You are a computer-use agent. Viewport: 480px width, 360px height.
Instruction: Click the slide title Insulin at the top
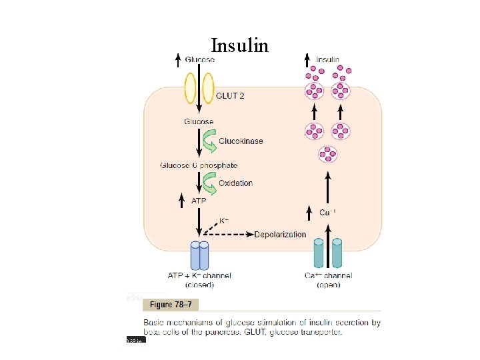(240, 45)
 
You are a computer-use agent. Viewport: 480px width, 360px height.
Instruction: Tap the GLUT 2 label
(230, 96)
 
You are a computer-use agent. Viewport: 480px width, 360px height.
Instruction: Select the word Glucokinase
(241, 141)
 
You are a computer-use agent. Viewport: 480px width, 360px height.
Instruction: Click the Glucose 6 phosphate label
(199, 165)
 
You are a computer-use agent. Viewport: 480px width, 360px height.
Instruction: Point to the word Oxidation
(235, 183)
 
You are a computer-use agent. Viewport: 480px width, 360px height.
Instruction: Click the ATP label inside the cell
(199, 201)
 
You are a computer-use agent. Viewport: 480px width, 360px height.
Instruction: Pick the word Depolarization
(280, 235)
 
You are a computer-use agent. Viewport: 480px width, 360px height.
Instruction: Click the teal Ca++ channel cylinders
(327, 254)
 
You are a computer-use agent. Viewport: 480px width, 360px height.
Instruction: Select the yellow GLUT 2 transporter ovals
(199, 87)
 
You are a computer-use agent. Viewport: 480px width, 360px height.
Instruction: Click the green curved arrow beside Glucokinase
(210, 141)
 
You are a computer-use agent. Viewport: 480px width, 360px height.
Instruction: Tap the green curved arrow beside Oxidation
(209, 183)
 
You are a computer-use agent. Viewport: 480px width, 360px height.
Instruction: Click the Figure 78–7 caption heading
(171, 305)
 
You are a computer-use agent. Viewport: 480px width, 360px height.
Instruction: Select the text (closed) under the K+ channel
(199, 285)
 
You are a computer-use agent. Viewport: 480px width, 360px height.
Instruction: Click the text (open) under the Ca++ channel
(327, 285)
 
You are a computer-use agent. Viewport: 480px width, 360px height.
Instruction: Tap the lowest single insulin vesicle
(327, 154)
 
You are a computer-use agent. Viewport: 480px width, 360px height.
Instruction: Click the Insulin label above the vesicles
(327, 59)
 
